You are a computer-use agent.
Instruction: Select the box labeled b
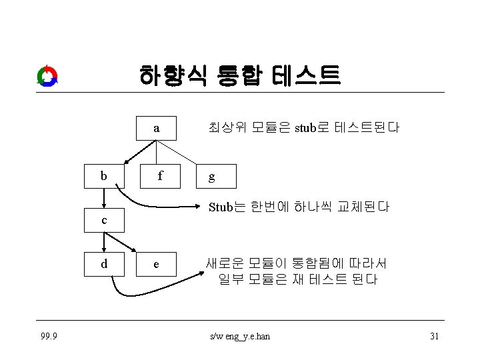(x=103, y=177)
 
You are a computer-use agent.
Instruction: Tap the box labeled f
(x=159, y=177)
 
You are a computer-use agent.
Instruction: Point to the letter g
(x=211, y=177)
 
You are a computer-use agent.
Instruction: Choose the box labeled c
(x=103, y=220)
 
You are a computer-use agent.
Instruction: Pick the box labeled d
(x=103, y=263)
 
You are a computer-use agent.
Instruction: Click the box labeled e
(x=156, y=264)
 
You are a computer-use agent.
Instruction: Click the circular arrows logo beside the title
(x=47, y=76)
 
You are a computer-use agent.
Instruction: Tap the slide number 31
(x=434, y=336)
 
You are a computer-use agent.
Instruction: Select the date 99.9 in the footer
(x=47, y=336)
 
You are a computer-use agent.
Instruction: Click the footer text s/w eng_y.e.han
(x=239, y=336)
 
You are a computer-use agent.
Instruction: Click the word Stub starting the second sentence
(x=220, y=207)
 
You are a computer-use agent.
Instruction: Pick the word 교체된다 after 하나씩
(x=365, y=207)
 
